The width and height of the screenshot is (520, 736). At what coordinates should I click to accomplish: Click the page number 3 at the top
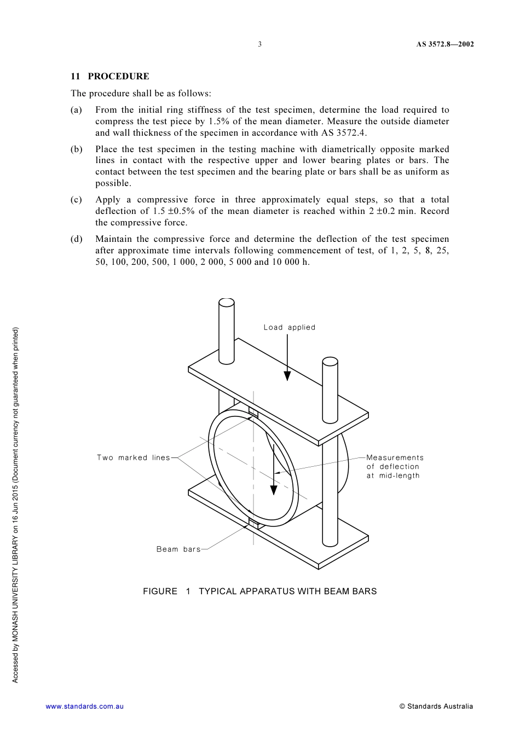(x=260, y=44)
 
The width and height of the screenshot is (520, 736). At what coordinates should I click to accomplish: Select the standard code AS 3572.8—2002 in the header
(x=444, y=44)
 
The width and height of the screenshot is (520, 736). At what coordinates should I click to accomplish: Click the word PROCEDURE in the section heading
(x=118, y=77)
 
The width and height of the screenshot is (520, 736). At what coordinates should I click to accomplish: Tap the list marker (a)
(x=77, y=110)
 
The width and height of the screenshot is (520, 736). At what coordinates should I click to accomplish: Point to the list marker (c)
(x=77, y=200)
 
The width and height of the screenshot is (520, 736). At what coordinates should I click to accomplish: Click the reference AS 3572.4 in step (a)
(x=343, y=133)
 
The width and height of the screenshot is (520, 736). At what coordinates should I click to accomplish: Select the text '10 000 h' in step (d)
(x=291, y=262)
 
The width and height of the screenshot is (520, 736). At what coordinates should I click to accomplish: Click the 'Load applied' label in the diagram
(x=289, y=327)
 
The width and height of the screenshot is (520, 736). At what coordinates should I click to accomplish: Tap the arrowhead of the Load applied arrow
(x=287, y=376)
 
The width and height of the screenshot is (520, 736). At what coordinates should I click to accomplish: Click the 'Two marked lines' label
(x=134, y=457)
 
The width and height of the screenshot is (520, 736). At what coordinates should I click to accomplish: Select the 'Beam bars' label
(x=178, y=549)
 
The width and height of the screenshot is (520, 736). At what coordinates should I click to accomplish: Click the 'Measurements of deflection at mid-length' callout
(x=395, y=466)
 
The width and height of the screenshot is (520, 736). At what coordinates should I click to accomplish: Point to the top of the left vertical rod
(x=227, y=303)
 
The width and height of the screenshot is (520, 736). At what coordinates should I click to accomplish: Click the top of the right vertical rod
(x=330, y=362)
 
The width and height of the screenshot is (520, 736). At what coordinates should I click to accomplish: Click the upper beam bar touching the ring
(x=253, y=412)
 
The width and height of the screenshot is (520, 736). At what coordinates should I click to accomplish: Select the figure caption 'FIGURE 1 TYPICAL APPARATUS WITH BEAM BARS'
(x=259, y=591)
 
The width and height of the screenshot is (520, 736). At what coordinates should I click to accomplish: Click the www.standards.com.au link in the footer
(x=84, y=706)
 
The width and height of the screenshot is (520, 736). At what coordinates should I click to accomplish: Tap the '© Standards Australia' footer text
(x=436, y=706)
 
